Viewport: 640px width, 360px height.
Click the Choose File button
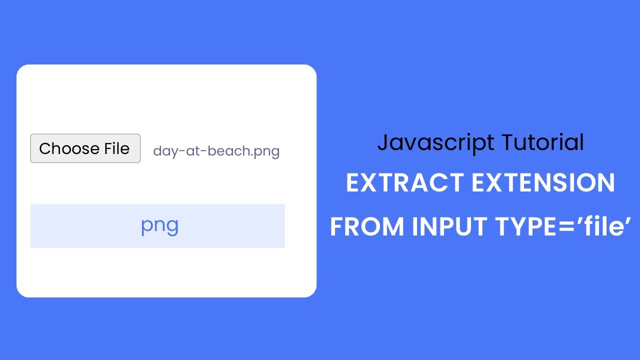click(x=85, y=148)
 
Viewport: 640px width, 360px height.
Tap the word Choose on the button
click(x=62, y=148)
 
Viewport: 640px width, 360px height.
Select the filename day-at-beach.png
click(x=216, y=151)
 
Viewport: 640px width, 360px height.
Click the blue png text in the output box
click(x=159, y=226)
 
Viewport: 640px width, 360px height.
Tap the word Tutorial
click(x=542, y=142)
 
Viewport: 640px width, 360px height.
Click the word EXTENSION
click(x=544, y=183)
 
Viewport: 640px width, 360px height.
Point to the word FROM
click(x=367, y=226)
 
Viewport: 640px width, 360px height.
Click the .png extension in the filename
click(x=265, y=151)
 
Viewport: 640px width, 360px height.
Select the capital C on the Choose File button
click(x=45, y=148)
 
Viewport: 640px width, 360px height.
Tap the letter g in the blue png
click(x=172, y=227)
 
